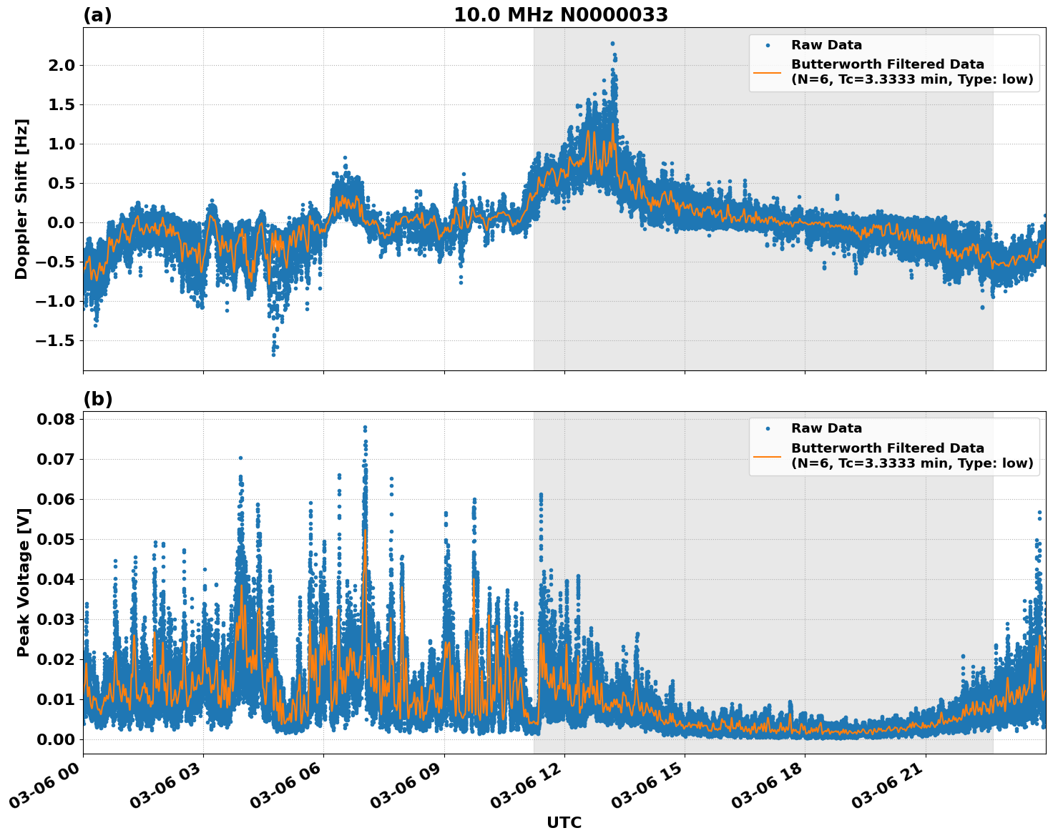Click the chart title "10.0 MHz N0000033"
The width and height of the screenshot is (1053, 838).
[x=561, y=15]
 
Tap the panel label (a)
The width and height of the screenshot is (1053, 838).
[x=97, y=15]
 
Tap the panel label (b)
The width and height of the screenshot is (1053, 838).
[x=98, y=399]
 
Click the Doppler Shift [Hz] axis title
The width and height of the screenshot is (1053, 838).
[x=21, y=199]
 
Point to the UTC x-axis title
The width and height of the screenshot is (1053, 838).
[x=564, y=823]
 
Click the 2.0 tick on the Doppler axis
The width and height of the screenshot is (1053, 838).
[x=60, y=66]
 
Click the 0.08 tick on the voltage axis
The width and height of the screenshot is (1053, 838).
[x=56, y=419]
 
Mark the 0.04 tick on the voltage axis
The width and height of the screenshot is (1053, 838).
[x=56, y=579]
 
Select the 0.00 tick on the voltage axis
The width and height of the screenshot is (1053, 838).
[x=56, y=739]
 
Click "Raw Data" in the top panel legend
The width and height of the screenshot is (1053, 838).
[x=826, y=45]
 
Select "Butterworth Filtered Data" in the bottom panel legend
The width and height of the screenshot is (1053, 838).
[x=887, y=448]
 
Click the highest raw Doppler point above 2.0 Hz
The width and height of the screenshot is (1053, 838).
[x=612, y=44]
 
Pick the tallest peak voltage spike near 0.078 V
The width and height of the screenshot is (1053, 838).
[x=365, y=428]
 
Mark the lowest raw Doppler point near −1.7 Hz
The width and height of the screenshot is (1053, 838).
[x=273, y=354]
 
